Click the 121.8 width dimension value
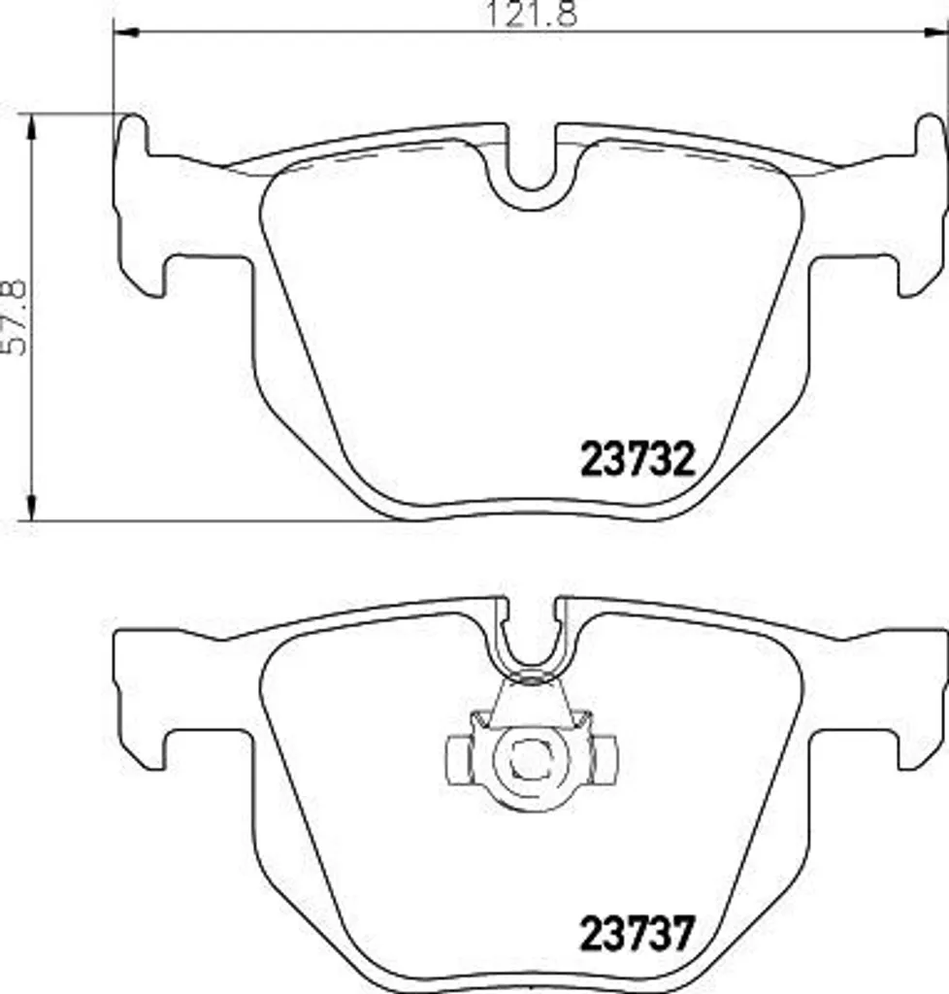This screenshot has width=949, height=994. coord(531,14)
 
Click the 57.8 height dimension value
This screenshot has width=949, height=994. coord(15,317)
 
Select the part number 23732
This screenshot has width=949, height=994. coord(638,459)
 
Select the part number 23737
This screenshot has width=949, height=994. coord(638,933)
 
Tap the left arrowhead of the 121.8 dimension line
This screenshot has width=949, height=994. coord(126,32)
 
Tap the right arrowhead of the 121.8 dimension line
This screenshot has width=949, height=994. coord(935,32)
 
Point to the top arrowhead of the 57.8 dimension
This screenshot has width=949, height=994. coord(31,126)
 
